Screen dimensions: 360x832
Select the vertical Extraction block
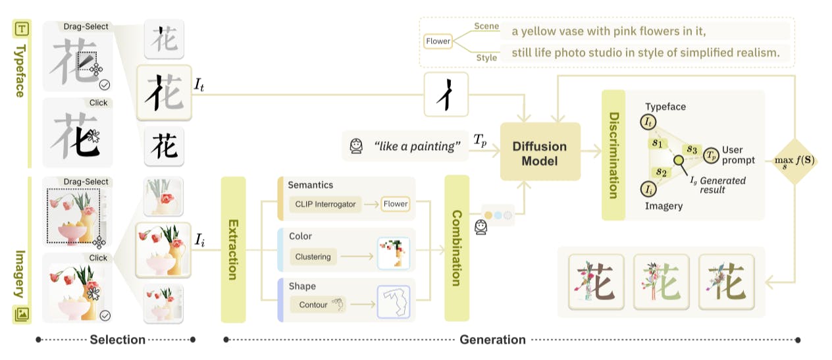pos(232,249)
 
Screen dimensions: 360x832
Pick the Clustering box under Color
pos(313,256)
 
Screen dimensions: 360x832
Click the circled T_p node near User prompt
pos(711,155)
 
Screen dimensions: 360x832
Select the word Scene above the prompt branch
pos(487,26)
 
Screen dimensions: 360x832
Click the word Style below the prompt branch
pos(486,57)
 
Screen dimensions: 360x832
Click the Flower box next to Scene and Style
pos(438,41)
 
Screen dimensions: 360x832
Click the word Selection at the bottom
pos(117,340)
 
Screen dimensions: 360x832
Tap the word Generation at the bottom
pos(492,340)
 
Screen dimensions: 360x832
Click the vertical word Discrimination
pos(613,155)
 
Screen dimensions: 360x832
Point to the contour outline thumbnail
pos(393,303)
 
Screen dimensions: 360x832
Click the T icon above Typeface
pos(21,28)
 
